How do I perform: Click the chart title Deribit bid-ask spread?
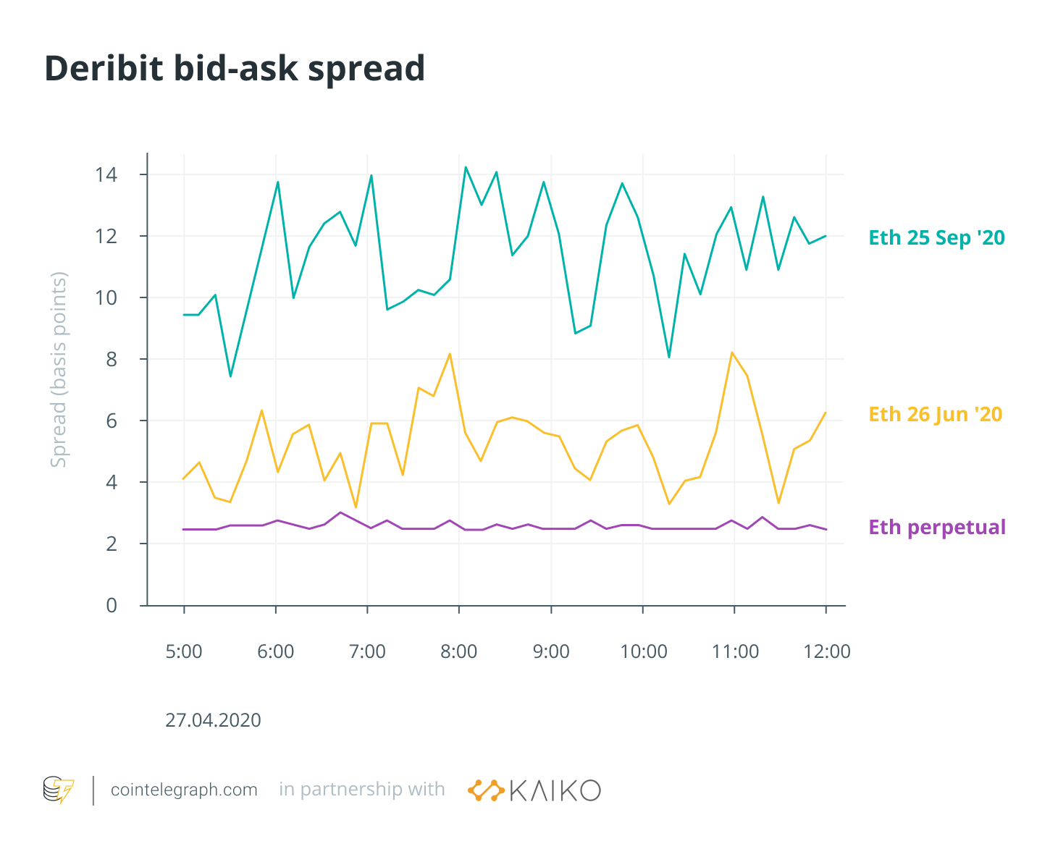tap(235, 69)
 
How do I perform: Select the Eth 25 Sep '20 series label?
tap(936, 238)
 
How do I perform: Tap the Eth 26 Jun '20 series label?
tap(935, 415)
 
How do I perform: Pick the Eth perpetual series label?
tap(937, 527)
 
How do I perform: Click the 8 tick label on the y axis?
tap(112, 360)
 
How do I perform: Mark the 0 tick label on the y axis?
tap(112, 606)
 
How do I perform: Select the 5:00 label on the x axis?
tap(184, 651)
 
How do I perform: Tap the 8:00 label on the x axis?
tap(459, 651)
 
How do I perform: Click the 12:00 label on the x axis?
tap(827, 651)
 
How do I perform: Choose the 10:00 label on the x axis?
tap(643, 651)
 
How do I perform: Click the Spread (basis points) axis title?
tap(59, 369)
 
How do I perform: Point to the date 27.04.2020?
tap(213, 720)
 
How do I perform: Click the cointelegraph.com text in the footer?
tap(184, 790)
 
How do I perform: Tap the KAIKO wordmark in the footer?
tap(555, 790)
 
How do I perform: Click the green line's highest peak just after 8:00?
tap(466, 167)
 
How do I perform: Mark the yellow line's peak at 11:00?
tap(732, 352)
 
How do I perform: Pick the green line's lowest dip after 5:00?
tap(230, 376)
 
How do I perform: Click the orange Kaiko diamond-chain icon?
tap(486, 790)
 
